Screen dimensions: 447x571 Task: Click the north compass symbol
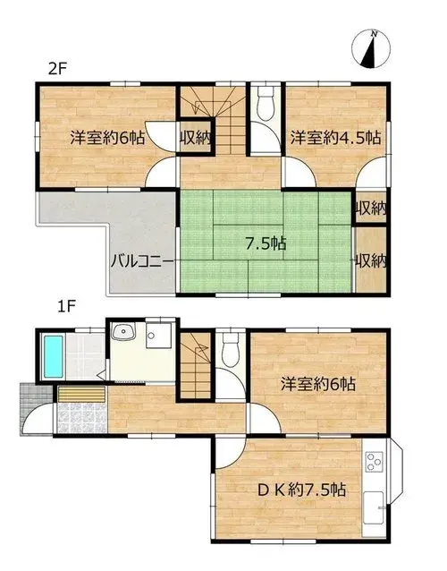(371, 49)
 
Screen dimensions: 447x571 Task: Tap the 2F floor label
(58, 68)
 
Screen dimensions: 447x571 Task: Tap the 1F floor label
(66, 307)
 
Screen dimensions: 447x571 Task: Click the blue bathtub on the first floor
(53, 356)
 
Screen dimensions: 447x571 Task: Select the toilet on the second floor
(265, 103)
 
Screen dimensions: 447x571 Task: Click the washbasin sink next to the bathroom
(123, 331)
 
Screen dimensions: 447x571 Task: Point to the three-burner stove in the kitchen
(374, 462)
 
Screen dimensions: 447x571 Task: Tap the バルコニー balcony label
(142, 261)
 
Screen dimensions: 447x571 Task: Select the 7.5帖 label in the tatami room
(266, 243)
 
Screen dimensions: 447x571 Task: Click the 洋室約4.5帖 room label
(336, 138)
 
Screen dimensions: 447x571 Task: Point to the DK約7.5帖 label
(301, 490)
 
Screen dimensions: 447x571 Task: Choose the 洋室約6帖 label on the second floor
(107, 138)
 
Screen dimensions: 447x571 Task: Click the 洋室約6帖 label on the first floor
(318, 384)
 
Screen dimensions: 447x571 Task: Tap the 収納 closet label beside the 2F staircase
(196, 137)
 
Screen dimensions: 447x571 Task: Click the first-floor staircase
(196, 365)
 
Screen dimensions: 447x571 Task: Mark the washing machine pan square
(158, 335)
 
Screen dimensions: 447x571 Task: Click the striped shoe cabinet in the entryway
(82, 395)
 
